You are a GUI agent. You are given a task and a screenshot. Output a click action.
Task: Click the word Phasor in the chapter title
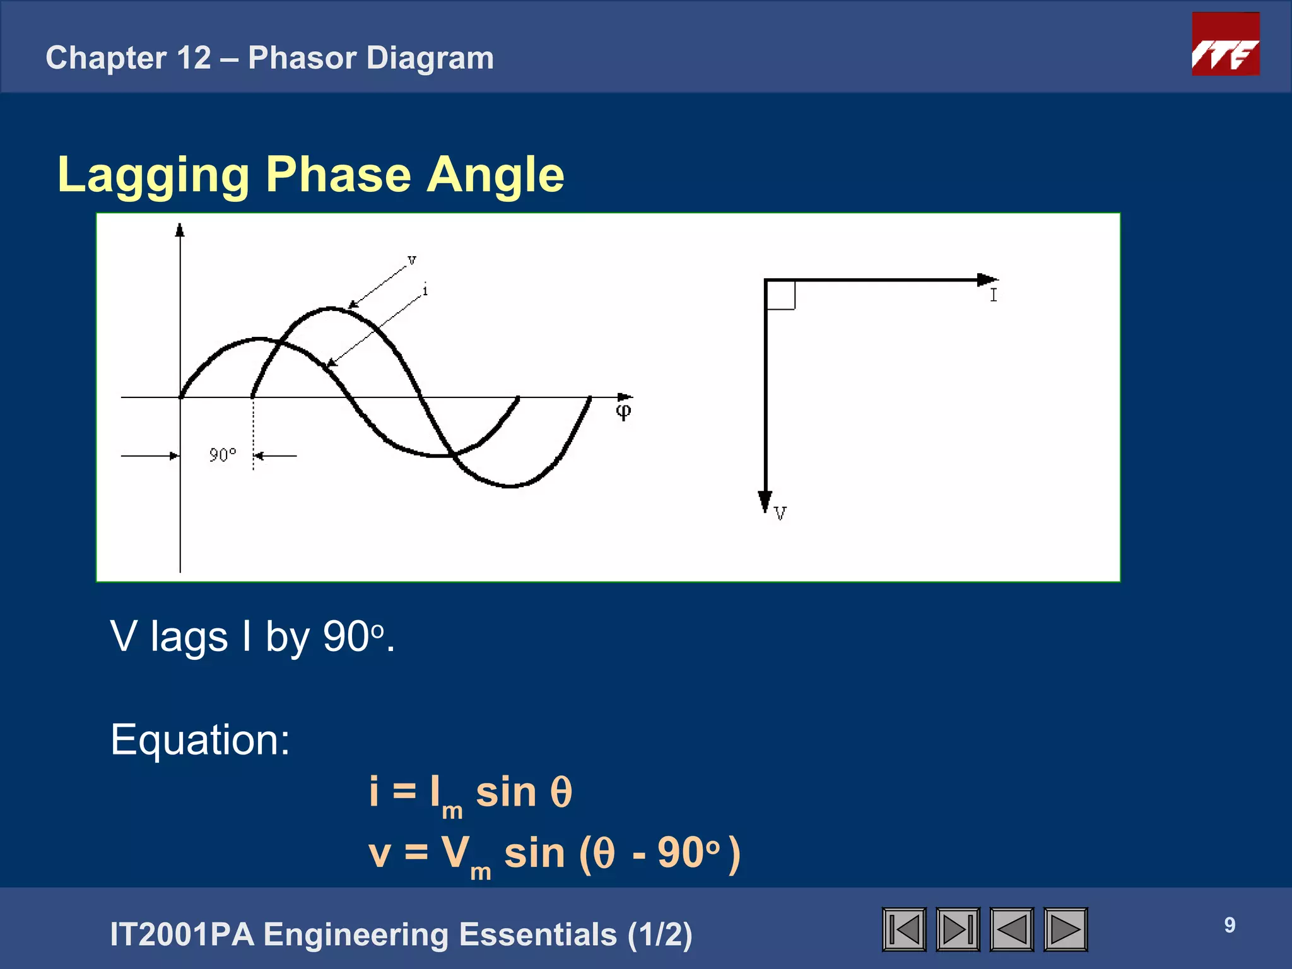[302, 58]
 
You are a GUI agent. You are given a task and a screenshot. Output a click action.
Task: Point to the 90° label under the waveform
[223, 455]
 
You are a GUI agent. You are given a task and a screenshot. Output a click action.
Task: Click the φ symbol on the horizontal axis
[623, 412]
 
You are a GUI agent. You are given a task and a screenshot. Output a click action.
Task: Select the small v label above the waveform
[412, 260]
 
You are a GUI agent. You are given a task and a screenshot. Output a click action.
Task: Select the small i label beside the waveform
[425, 290]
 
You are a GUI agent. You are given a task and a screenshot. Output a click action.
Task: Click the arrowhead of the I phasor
[987, 279]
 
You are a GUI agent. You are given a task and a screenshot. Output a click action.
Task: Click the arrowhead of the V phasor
[765, 502]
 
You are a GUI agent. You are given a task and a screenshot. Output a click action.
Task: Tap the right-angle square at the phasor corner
[780, 295]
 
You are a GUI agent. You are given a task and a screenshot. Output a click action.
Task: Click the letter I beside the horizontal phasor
[994, 295]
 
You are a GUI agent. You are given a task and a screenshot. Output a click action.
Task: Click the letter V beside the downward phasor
[780, 514]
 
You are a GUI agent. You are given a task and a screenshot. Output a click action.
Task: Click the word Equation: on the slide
[200, 739]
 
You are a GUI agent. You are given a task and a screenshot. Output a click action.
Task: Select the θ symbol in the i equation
[561, 792]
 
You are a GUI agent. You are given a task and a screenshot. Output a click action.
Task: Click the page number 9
[1230, 925]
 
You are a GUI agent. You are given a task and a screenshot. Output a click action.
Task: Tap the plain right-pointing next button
[1065, 929]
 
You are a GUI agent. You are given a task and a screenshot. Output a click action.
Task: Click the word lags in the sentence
[189, 637]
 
